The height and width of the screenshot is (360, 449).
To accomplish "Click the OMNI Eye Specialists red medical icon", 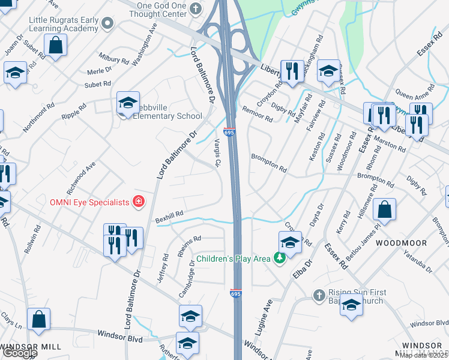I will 139,202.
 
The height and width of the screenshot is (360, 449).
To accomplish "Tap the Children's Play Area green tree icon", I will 279,259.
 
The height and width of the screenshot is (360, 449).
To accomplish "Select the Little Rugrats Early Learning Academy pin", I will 108,23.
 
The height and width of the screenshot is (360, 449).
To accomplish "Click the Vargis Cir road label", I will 217,152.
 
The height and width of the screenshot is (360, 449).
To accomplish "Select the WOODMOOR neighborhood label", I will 402,243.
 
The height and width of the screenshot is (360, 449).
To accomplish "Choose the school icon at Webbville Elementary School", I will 128,104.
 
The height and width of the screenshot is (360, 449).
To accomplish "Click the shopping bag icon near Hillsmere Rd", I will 384,210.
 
